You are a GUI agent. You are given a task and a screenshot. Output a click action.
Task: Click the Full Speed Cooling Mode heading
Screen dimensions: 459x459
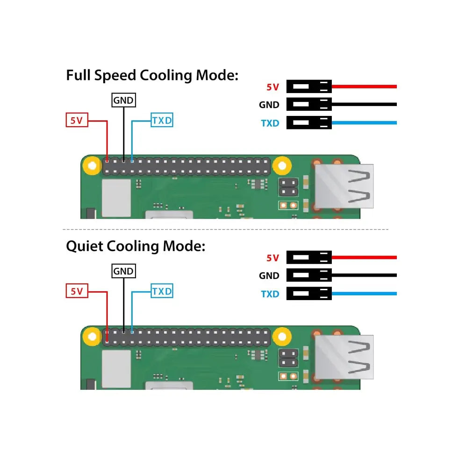pos(152,75)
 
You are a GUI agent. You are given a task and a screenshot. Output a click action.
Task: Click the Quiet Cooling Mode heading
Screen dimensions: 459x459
pos(136,246)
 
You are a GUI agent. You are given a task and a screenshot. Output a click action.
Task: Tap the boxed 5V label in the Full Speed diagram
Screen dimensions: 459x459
pos(76,120)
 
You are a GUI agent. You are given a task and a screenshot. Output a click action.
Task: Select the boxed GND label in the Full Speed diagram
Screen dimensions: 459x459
pos(123,100)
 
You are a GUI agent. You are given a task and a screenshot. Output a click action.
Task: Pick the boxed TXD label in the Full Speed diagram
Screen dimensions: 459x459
pos(162,121)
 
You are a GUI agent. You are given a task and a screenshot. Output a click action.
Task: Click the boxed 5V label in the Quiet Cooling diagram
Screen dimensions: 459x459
pos(76,292)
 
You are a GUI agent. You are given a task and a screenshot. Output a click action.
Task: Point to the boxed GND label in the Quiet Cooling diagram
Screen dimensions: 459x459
pos(123,271)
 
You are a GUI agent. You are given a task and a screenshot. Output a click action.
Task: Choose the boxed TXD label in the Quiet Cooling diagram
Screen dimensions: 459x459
pos(162,292)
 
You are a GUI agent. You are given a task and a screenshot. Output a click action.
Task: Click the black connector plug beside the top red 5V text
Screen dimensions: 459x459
pos(309,86)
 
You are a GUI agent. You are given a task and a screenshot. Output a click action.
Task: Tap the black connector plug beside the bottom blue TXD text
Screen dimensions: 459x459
pos(309,294)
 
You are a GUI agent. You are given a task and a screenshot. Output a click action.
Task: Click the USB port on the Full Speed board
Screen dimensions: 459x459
pos(344,186)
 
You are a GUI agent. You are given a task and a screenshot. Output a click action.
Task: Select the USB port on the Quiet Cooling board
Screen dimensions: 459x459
pos(344,357)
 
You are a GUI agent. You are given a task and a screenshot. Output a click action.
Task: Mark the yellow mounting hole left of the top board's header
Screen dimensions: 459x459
pos(93,165)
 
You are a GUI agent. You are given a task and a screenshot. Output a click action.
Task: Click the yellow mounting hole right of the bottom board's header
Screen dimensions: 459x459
pos(282,336)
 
